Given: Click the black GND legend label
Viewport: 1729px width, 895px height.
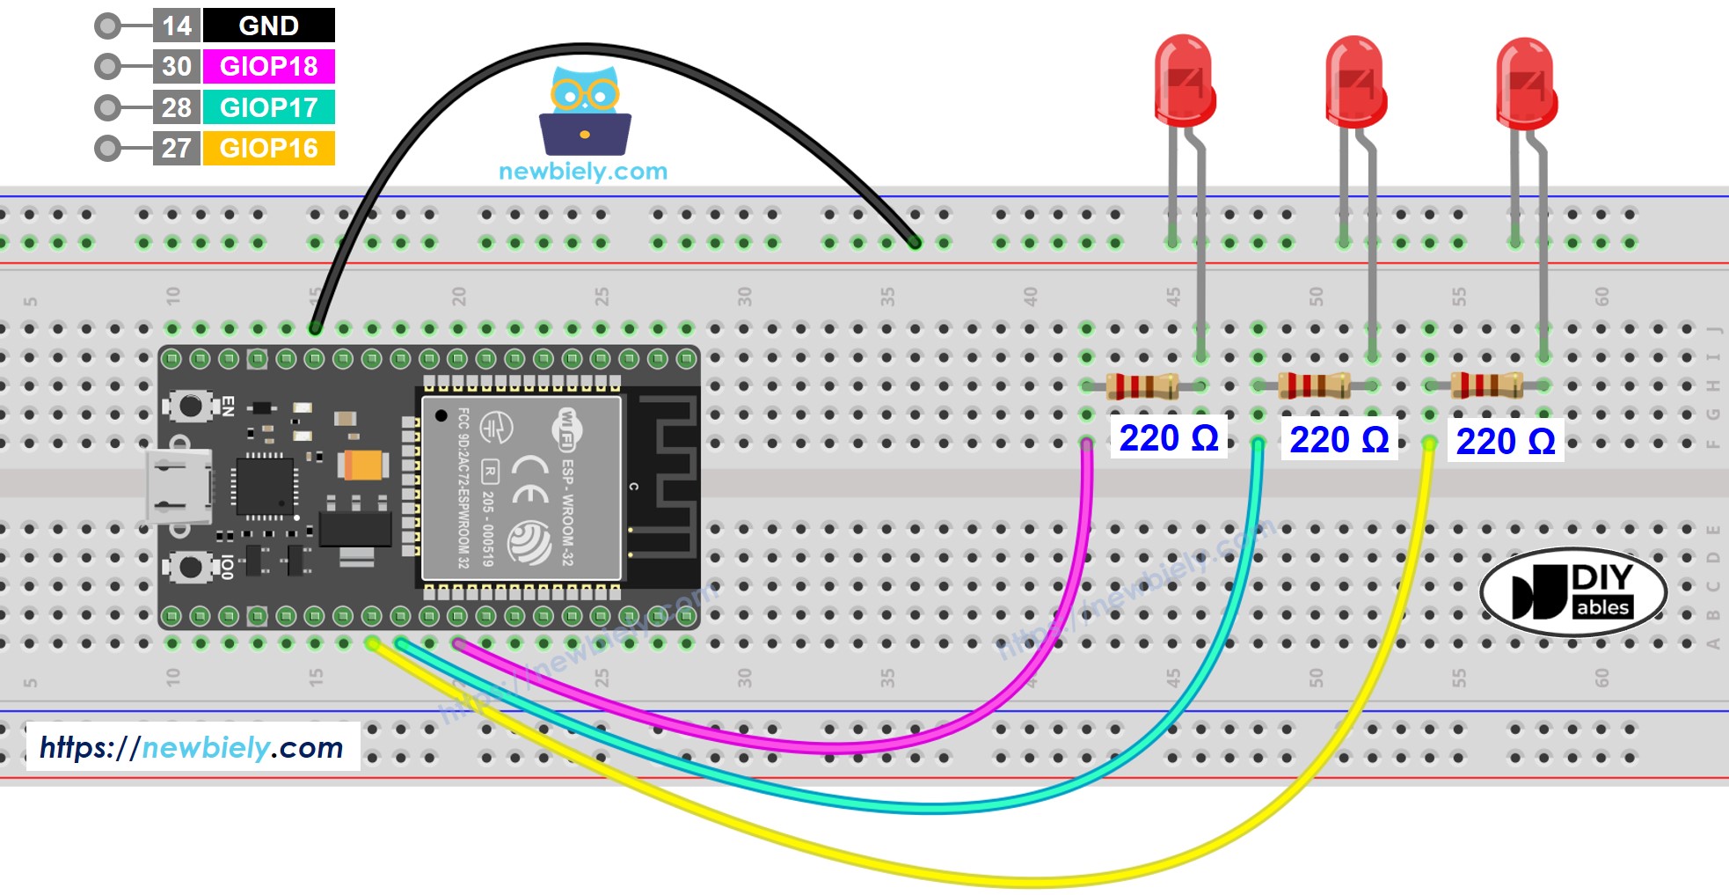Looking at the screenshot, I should (268, 26).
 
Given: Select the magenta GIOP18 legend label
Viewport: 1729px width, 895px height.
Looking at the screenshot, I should (268, 66).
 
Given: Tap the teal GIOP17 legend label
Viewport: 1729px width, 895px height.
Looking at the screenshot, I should (268, 107).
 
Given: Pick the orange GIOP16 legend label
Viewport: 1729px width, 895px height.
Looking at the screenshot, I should (268, 148).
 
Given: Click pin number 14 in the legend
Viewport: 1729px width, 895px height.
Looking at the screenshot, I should (177, 26).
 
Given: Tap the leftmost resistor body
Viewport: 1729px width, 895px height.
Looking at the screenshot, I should (1142, 385).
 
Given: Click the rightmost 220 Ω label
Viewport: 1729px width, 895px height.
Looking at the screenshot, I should (1505, 441).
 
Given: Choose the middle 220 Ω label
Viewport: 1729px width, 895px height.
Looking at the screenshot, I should (1339, 439).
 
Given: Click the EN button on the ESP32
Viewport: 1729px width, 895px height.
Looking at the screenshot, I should (190, 406).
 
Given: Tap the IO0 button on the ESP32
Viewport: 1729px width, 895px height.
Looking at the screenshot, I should (190, 566).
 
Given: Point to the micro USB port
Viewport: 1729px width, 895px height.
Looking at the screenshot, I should (179, 486).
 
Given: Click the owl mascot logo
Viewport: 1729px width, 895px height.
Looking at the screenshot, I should (585, 110).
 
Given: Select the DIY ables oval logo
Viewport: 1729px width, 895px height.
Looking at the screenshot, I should (1572, 593).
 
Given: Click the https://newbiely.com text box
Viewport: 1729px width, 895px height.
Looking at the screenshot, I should (193, 747).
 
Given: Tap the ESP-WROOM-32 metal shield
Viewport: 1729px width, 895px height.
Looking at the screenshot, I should (522, 488).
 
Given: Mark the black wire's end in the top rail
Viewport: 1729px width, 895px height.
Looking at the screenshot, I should (915, 242).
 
